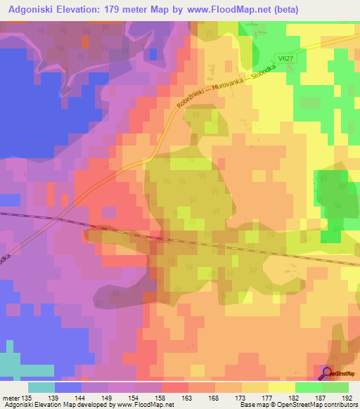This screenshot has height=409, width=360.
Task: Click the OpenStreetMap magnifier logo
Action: [x=328, y=374]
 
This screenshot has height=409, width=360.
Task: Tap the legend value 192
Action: [x=347, y=398]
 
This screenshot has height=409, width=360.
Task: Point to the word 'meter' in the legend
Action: [x=9, y=398]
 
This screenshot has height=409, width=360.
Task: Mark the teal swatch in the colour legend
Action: [x=41, y=387]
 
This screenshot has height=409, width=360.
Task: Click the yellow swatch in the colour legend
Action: [x=282, y=387]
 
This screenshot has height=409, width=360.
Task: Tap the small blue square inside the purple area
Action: [x=153, y=54]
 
